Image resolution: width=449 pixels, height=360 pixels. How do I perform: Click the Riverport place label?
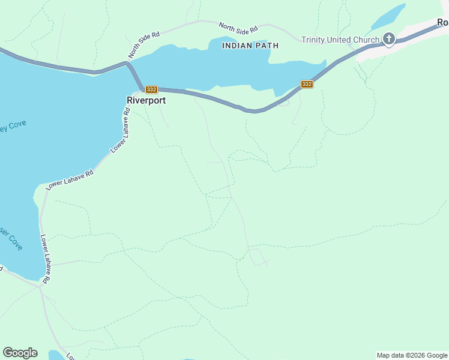pos(146,101)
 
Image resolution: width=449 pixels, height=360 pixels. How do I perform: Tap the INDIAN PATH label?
pos(250,46)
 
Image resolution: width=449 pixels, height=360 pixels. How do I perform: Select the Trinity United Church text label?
pos(340,40)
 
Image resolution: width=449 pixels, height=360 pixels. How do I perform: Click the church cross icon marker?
pos(389,40)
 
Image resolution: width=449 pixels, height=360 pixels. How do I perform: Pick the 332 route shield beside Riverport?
pos(151,89)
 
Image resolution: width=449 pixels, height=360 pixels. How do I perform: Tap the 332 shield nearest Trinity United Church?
pos(307,84)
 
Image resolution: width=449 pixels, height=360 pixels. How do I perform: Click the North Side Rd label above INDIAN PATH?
pos(238,28)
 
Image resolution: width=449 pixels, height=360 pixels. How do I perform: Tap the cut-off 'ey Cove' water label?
pos(13,127)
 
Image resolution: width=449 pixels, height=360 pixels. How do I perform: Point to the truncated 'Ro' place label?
pos(442,22)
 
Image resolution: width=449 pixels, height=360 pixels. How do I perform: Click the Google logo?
pos(20,353)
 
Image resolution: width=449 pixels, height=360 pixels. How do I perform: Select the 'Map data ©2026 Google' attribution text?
pos(412,355)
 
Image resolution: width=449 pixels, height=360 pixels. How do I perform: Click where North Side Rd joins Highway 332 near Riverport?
pos(128,61)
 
